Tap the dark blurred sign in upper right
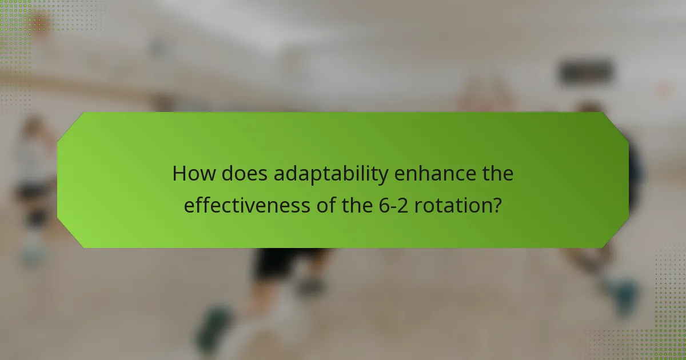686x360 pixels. coord(585,71)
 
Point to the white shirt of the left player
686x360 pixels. coord(31,166)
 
